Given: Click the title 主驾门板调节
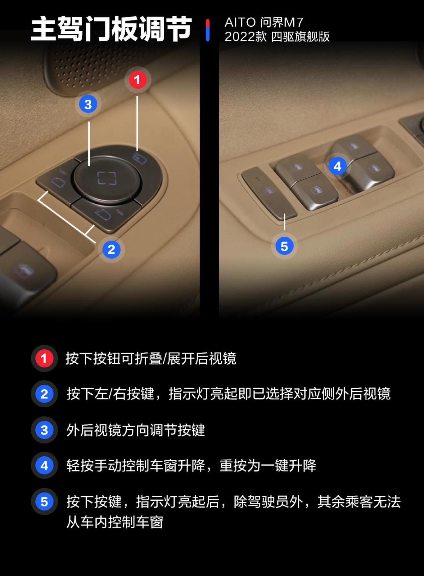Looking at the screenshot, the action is click(111, 29).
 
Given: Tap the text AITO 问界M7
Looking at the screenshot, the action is click(264, 22).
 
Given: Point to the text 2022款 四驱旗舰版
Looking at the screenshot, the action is click(277, 37).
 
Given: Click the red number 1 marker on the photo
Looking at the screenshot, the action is click(138, 80).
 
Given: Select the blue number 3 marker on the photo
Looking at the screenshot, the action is click(88, 104).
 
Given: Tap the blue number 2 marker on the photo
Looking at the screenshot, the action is click(111, 250).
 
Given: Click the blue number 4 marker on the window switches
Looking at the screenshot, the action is click(338, 166).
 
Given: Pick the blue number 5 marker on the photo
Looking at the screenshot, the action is click(284, 246).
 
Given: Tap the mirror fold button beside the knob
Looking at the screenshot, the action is click(141, 158).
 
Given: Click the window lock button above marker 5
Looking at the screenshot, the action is click(269, 193).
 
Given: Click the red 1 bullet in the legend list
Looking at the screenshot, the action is click(44, 358).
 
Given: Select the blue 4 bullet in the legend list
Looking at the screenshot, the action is click(44, 465).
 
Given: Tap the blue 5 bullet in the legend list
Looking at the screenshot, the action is click(44, 501).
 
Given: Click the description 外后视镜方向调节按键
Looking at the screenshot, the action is click(136, 430).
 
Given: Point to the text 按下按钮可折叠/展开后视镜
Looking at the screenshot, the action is click(151, 358).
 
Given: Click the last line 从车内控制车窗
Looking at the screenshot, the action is click(115, 522).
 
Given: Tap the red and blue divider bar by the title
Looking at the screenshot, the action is click(208, 30).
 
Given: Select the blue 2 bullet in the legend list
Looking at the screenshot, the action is click(44, 394).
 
